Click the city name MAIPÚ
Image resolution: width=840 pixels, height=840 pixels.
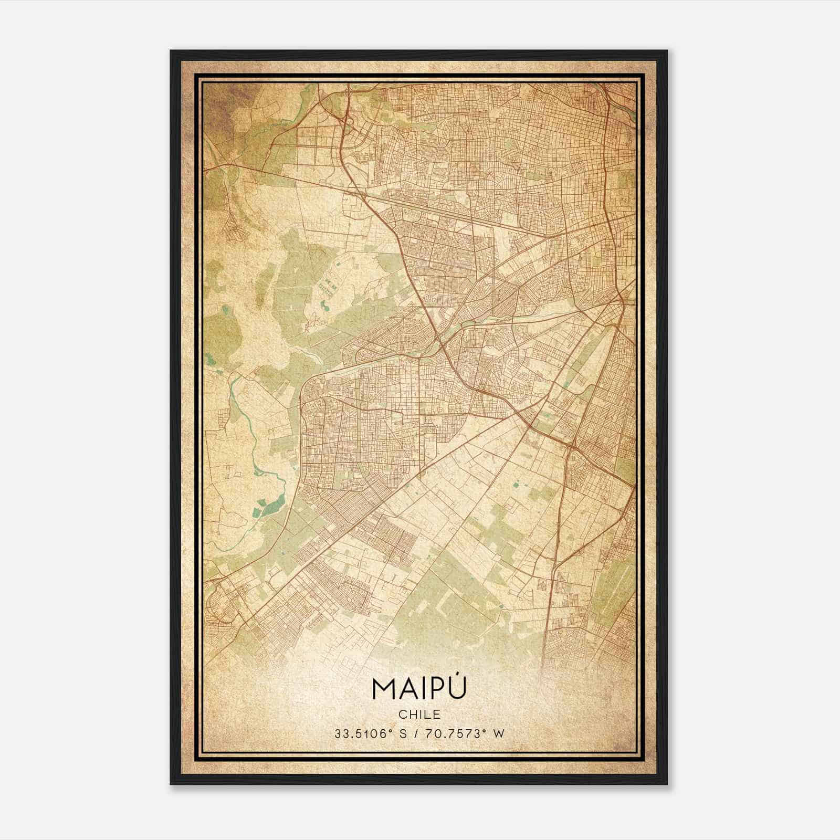coord(419,688)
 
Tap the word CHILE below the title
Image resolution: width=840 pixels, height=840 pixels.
coord(419,714)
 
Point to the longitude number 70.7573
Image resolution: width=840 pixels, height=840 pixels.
coord(454,733)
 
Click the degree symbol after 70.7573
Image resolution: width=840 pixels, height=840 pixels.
coord(484,731)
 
